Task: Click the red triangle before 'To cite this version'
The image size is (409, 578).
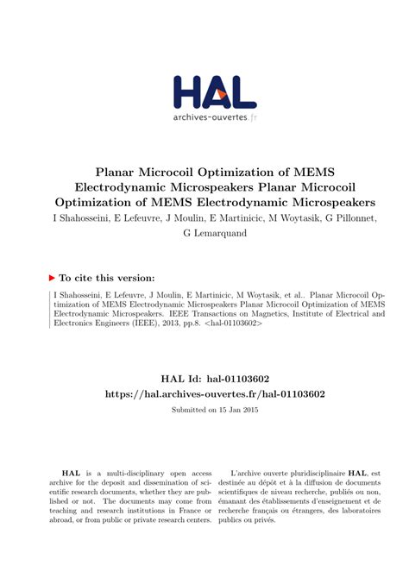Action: [x=53, y=278]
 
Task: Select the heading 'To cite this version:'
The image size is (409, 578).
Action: [x=107, y=278]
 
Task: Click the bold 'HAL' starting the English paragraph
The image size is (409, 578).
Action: [x=71, y=474]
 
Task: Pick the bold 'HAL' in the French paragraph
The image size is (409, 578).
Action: [x=356, y=474]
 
